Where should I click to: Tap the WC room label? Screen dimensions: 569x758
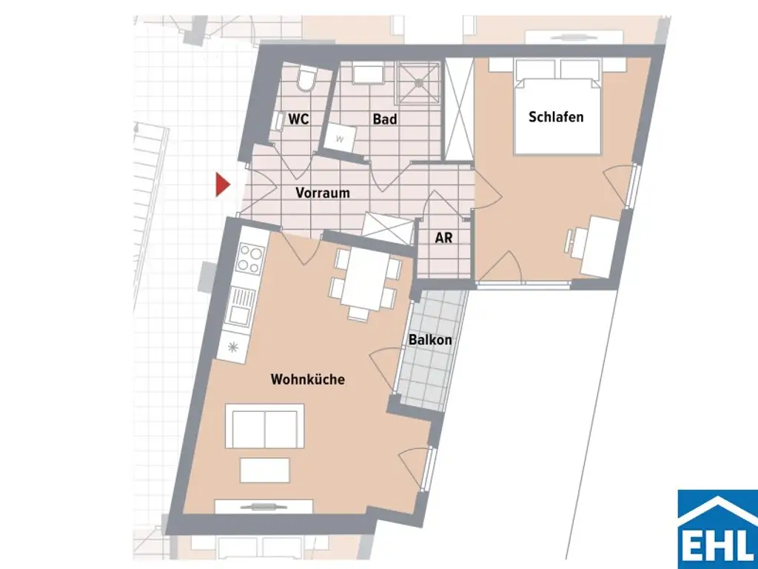[298, 119]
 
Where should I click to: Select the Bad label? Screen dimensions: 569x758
[384, 119]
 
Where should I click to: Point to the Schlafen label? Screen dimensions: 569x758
[556, 117]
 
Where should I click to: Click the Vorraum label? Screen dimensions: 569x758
[323, 193]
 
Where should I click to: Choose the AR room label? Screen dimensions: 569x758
[443, 239]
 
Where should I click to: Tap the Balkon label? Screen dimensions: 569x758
[430, 340]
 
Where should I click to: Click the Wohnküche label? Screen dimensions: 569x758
[308, 379]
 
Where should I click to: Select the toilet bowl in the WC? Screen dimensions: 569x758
[305, 80]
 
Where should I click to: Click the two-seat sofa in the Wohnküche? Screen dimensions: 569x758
[265, 426]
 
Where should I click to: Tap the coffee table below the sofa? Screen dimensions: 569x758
[264, 470]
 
